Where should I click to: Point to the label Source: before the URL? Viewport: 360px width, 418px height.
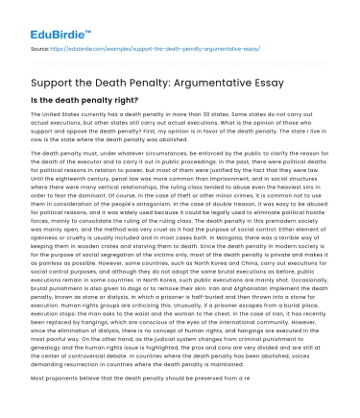(42, 46)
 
